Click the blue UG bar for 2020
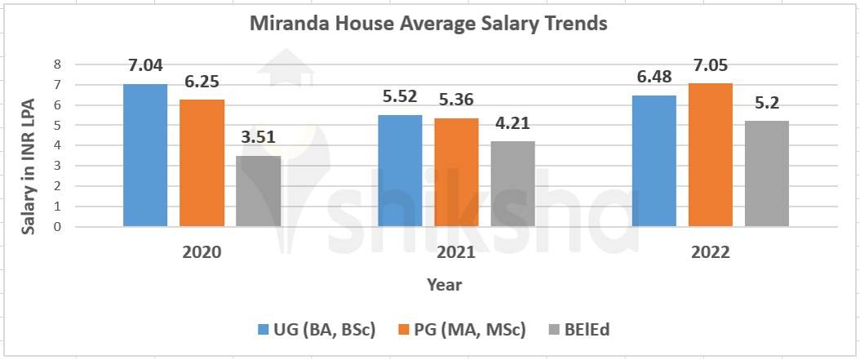pyautogui.click(x=145, y=155)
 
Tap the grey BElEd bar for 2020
pyautogui.click(x=259, y=191)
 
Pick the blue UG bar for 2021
pyautogui.click(x=399, y=171)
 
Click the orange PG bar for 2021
pyautogui.click(x=455, y=172)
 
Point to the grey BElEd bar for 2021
pyautogui.click(x=512, y=184)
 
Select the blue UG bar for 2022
pyautogui.click(x=654, y=161)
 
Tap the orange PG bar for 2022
pyautogui.click(x=710, y=155)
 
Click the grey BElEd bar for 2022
pyautogui.click(x=767, y=174)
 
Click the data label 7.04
pyautogui.click(x=146, y=65)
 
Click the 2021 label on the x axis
pyautogui.click(x=455, y=252)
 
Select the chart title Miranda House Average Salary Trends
pyautogui.click(x=428, y=24)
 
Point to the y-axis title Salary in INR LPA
pyautogui.click(x=29, y=145)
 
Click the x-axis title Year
pyautogui.click(x=444, y=285)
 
